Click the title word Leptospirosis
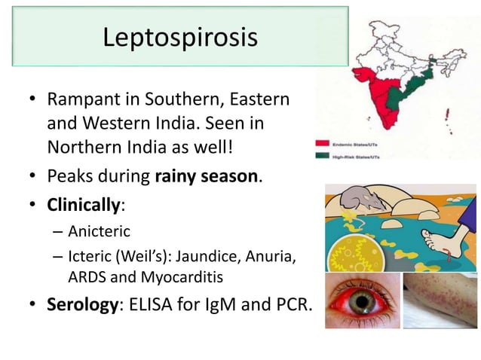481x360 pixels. click(180, 36)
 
